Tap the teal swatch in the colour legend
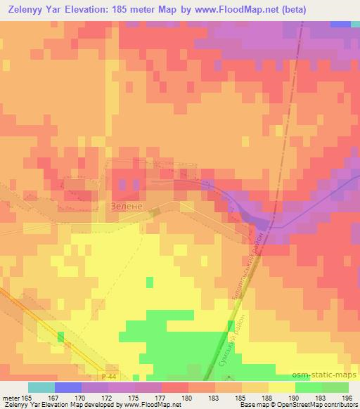[x=41, y=387]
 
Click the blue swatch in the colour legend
[x=68, y=387]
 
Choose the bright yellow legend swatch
[x=282, y=387]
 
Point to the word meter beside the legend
[x=12, y=397]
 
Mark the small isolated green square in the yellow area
[x=149, y=283]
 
